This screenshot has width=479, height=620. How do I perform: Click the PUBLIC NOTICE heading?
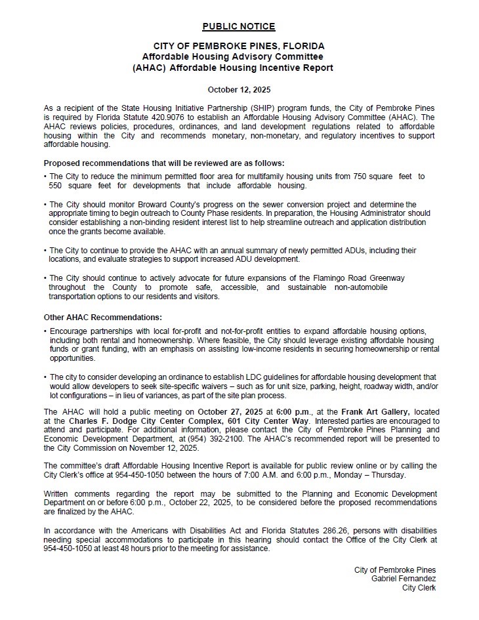pyautogui.click(x=239, y=27)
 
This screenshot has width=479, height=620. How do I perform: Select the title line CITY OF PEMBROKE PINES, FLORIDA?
pyautogui.click(x=239, y=47)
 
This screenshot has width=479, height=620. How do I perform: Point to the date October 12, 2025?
pyautogui.click(x=239, y=89)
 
